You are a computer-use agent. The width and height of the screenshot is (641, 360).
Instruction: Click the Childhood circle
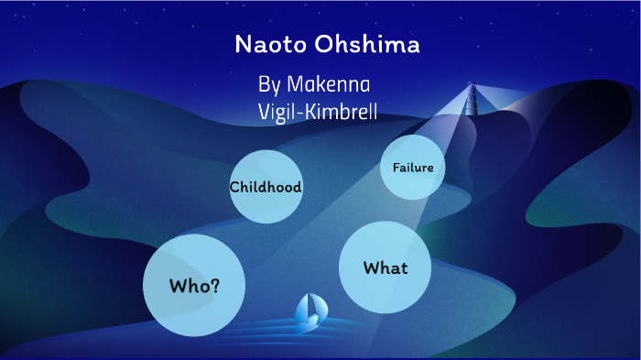266,187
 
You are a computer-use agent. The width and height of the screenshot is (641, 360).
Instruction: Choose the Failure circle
412,168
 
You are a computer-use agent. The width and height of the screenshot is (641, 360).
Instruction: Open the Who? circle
194,285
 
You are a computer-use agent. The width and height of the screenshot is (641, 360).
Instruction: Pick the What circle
386,267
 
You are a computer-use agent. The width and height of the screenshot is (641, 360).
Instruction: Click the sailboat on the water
309,311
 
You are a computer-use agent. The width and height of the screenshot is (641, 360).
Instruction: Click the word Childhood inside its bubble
266,187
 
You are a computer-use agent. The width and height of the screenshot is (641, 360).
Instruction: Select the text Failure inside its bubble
412,168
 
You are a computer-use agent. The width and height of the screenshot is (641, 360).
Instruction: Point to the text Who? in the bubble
194,285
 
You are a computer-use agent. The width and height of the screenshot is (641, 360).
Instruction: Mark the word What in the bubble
386,268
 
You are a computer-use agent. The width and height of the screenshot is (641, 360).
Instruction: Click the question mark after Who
215,285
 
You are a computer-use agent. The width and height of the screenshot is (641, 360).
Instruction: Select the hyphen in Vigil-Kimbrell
303,114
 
